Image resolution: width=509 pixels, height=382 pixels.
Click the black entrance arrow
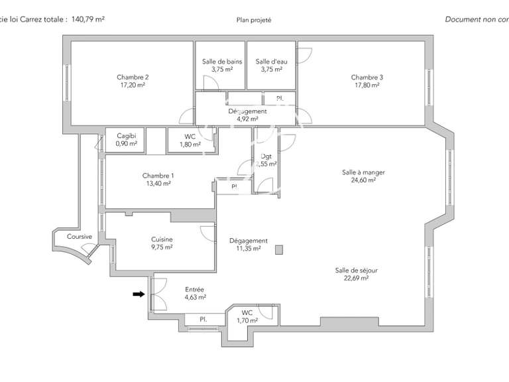tap(139, 294)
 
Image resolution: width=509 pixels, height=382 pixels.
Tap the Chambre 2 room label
tap(133, 77)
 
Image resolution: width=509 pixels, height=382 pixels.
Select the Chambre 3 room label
tap(367, 77)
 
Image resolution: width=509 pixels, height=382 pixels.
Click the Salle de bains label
tap(222, 62)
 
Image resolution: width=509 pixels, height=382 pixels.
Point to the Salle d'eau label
tap(271, 62)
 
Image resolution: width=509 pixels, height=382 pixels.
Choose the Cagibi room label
tap(126, 136)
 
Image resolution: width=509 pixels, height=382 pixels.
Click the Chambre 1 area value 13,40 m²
tap(158, 184)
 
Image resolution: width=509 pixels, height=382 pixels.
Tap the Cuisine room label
tap(162, 239)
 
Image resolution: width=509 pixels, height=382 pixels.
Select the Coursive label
tap(70, 237)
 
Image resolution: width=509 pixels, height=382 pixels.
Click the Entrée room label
tap(194, 289)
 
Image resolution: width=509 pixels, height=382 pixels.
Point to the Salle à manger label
tap(359, 172)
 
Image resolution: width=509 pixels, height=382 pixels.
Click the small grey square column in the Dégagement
tap(279, 249)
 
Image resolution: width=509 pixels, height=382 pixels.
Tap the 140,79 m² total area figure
tap(88, 20)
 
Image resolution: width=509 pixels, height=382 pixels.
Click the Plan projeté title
tap(254, 20)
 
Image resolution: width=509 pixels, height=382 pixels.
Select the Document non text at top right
tap(476, 20)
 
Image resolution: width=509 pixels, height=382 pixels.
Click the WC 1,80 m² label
tap(190, 140)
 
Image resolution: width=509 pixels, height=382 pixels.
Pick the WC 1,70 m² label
tap(247, 316)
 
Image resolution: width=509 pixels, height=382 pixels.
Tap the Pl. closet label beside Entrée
tap(204, 320)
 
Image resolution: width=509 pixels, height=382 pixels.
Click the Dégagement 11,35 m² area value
tap(248, 249)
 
